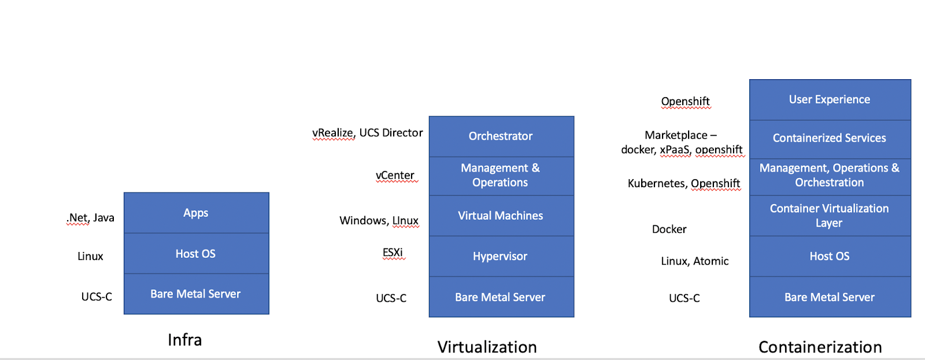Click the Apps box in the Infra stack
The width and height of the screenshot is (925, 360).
196,213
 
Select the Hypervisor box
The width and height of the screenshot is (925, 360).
501,256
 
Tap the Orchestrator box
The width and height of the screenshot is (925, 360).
501,136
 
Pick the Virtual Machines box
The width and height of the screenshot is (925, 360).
501,216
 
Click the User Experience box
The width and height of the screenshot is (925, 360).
830,99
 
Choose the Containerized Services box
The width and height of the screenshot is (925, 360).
830,138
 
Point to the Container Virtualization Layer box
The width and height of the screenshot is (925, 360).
830,216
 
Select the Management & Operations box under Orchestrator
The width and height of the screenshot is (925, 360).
501,175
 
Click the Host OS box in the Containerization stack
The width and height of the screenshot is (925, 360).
830,256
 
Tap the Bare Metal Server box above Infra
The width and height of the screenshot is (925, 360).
196,294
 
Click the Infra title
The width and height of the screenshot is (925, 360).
185,340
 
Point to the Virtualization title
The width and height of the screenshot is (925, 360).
487,347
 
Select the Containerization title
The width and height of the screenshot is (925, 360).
820,347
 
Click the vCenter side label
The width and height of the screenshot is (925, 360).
395,175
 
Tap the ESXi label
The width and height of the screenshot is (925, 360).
393,253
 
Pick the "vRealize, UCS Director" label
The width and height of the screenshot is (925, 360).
368,133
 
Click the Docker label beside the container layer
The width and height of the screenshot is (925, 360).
669,229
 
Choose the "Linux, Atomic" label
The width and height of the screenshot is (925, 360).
694,261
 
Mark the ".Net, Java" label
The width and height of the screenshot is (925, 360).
91,218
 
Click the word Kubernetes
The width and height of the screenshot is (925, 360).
656,184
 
